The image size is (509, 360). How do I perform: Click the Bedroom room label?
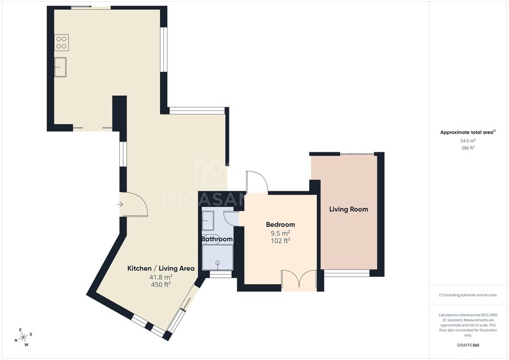point(281,225)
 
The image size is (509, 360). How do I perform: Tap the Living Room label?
point(348,209)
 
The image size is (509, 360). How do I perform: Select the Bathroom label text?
point(217,239)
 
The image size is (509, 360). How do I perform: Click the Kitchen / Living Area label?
point(161,268)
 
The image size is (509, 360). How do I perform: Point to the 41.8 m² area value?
point(161,277)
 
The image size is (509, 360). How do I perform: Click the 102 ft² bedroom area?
point(281,241)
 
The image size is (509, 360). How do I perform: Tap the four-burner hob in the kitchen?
point(61,42)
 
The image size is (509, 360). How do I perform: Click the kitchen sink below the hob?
point(61,67)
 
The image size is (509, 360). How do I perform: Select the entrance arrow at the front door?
point(120,204)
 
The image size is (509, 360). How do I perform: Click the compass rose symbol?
point(23,337)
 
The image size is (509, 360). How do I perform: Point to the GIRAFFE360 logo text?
point(468,345)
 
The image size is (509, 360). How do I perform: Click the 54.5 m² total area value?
point(468,141)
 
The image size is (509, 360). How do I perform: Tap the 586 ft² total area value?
point(468,148)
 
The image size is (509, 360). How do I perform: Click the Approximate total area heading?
point(468,132)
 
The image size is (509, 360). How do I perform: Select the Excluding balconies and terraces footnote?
point(468,295)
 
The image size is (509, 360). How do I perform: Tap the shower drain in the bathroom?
point(218,262)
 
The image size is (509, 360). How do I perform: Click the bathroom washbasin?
point(208,221)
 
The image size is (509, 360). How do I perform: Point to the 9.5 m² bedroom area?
point(281,233)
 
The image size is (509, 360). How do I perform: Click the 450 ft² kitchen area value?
point(161,285)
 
